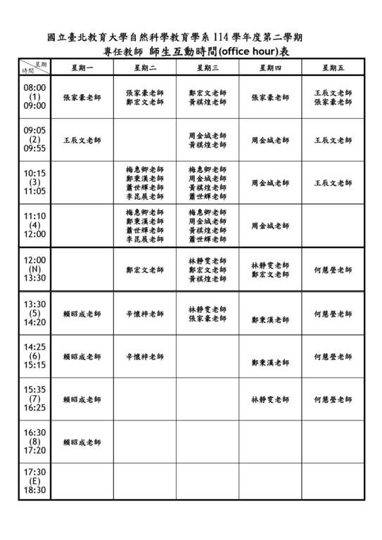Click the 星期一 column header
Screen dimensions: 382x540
pyautogui.click(x=82, y=67)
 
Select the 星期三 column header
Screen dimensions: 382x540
pyautogui.click(x=208, y=67)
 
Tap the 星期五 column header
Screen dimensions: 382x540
pyautogui.click(x=333, y=67)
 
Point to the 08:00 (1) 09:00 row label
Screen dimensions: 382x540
pyautogui.click(x=34, y=97)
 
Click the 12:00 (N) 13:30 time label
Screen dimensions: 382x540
pyautogui.click(x=34, y=269)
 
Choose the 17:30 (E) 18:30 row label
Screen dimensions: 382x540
pyautogui.click(x=34, y=481)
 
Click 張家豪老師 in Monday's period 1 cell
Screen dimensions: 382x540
pyautogui.click(x=82, y=98)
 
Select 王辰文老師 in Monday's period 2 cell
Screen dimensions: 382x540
pyautogui.click(x=82, y=141)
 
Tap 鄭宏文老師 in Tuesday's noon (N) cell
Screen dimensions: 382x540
pyautogui.click(x=145, y=269)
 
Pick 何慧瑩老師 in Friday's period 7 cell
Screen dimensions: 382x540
pyautogui.click(x=333, y=399)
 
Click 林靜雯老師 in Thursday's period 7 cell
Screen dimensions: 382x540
pyautogui.click(x=270, y=399)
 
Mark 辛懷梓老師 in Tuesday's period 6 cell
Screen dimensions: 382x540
pyautogui.click(x=145, y=357)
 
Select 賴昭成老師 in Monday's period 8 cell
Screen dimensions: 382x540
pyautogui.click(x=82, y=442)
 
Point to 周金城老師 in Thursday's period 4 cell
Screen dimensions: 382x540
pyautogui.click(x=270, y=226)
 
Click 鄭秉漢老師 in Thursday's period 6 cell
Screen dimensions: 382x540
pyautogui.click(x=270, y=363)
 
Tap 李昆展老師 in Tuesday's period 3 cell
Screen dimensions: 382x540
pyautogui.click(x=145, y=197)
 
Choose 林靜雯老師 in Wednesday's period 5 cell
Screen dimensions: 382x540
pyautogui.click(x=208, y=309)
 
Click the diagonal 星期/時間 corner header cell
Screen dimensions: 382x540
pyautogui.click(x=34, y=67)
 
